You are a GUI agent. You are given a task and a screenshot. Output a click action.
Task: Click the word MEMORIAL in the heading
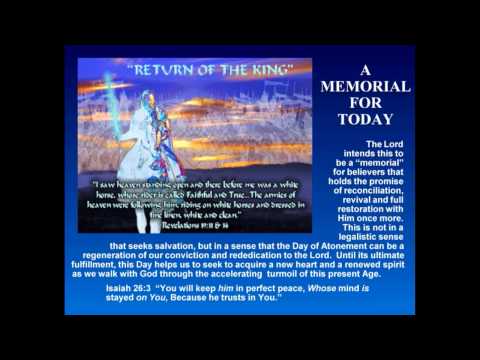click(365, 87)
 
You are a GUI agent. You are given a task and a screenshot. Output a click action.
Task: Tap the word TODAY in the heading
click(365, 121)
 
